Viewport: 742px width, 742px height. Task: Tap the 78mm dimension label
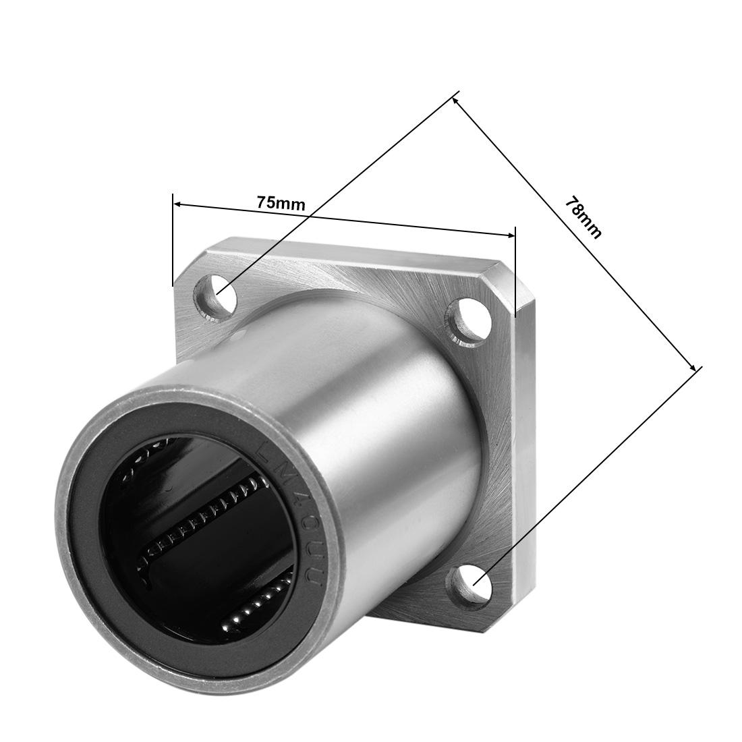(x=583, y=217)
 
